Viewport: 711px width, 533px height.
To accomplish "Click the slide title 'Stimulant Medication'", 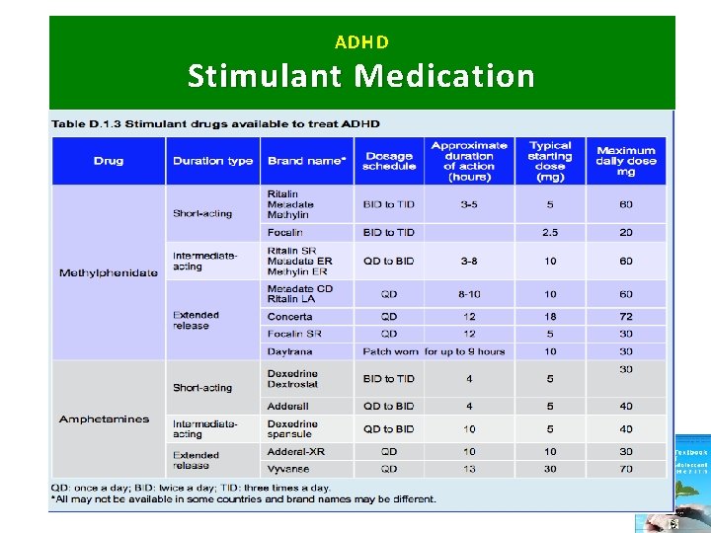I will [361, 76].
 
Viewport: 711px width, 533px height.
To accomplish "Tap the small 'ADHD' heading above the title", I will [361, 42].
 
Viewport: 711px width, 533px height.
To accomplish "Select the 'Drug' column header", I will [109, 161].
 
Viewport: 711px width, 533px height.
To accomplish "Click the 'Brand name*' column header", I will [307, 161].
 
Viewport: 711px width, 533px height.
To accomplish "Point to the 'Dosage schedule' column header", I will [389, 161].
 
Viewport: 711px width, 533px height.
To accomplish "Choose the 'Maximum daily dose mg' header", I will [626, 161].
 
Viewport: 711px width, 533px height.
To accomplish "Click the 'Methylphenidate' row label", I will [109, 272].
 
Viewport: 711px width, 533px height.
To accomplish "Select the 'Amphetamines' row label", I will [104, 419].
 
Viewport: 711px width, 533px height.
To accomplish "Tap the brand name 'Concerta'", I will [289, 317].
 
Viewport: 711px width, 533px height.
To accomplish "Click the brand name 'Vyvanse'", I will [287, 468].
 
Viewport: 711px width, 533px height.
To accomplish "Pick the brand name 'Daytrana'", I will [289, 351].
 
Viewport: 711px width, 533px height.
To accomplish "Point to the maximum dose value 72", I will [626, 317].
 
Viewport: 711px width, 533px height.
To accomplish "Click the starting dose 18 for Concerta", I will [550, 317].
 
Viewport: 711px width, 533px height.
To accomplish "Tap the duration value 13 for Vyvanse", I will [469, 468].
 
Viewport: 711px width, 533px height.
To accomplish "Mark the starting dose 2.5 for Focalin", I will [550, 233].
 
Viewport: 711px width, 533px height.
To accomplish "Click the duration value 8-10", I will [469, 294].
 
